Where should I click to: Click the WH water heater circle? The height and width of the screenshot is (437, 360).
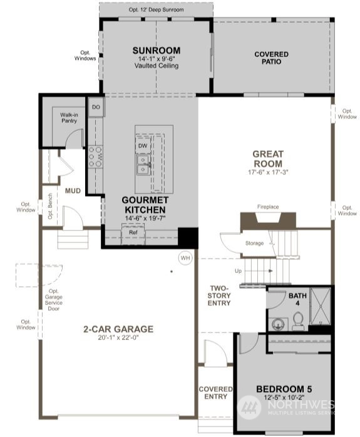(x=185, y=258)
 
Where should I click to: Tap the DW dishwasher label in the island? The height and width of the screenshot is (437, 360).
(x=143, y=145)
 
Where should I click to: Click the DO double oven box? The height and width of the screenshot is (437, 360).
(x=96, y=107)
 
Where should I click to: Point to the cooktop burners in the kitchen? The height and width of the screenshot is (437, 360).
(x=95, y=157)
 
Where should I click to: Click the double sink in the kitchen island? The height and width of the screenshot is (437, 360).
(x=143, y=165)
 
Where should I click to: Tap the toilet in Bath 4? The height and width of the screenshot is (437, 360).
(x=298, y=321)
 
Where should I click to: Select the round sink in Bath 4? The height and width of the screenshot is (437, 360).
(x=277, y=324)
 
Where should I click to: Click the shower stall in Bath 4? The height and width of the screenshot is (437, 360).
(x=321, y=306)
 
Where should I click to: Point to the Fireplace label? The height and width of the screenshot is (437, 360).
(x=268, y=207)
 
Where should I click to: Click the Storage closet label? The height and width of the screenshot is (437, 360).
(x=254, y=244)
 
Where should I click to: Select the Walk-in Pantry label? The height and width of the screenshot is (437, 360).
(x=69, y=118)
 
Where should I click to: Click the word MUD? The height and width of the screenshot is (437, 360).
(x=73, y=190)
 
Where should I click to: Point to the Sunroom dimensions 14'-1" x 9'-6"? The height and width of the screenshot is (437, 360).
(x=157, y=59)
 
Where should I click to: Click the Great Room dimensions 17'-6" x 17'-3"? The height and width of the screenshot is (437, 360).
(x=268, y=172)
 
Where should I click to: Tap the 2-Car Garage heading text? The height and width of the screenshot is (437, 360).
(x=118, y=329)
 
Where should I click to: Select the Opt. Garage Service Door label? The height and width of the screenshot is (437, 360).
(x=53, y=300)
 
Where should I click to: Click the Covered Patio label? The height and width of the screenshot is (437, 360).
(x=271, y=58)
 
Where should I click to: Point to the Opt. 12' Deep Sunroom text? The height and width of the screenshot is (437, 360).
(x=156, y=10)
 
